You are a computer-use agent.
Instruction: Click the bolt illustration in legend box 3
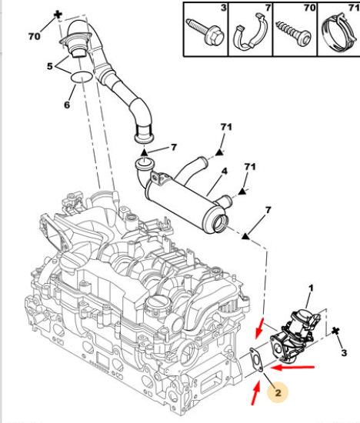(205, 32)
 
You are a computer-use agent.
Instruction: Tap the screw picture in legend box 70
(294, 33)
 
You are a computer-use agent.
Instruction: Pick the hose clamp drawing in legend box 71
(339, 33)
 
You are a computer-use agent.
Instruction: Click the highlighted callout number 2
(278, 393)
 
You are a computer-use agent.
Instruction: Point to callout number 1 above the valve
(311, 288)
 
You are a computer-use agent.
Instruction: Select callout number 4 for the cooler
(225, 172)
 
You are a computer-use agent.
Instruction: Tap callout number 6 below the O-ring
(67, 105)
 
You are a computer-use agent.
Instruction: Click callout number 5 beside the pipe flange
(50, 66)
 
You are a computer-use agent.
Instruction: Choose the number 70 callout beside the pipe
(35, 36)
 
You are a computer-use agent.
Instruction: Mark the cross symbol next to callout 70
(58, 15)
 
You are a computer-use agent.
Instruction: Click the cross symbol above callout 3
(335, 331)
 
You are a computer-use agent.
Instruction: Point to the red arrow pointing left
(293, 368)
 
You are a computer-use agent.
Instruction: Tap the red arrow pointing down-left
(259, 328)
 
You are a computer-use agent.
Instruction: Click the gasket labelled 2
(256, 361)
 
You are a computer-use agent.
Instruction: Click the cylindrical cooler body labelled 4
(185, 201)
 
